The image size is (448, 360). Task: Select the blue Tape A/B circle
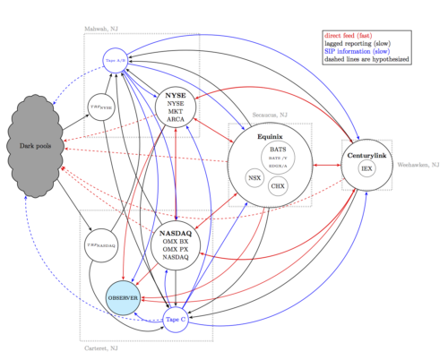116,60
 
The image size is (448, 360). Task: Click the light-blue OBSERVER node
122,296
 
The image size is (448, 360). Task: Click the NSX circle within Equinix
254,177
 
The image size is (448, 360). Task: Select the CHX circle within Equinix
278,186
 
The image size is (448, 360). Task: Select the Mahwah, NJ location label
99,29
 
